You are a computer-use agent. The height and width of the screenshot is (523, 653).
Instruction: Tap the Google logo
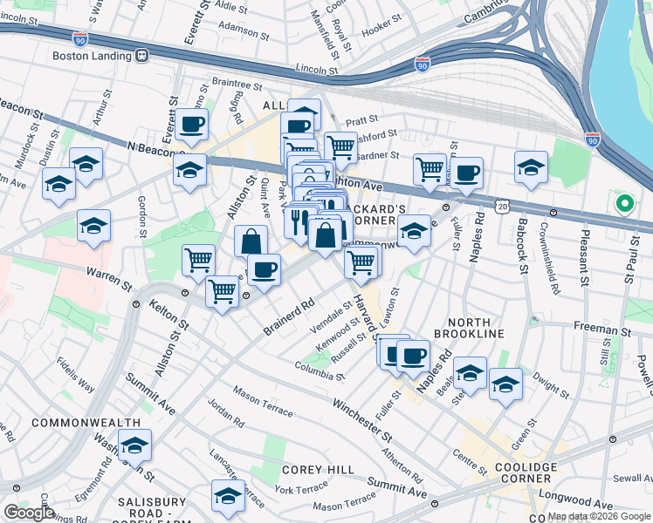29,513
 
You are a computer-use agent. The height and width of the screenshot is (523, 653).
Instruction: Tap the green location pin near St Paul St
624,205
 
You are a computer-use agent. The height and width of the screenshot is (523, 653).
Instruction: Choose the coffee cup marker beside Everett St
191,125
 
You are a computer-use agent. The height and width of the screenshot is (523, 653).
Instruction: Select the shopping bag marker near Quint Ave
251,241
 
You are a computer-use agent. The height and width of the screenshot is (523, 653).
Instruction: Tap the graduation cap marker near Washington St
134,445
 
